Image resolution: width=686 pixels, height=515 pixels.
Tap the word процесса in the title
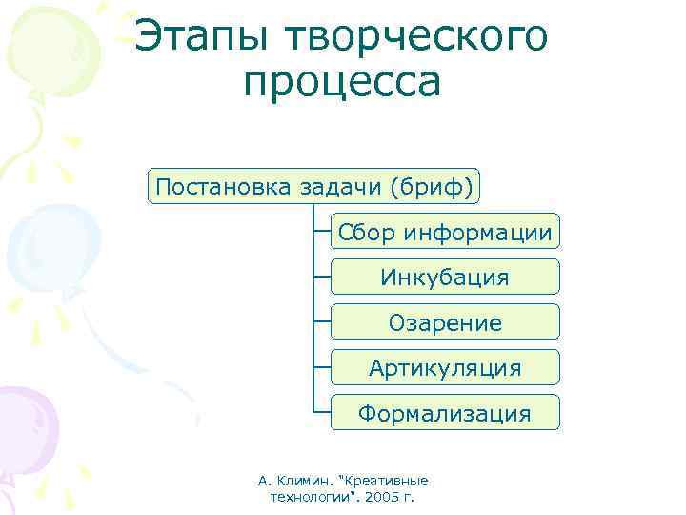pos(342,84)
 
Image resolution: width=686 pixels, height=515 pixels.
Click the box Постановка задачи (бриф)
pos(313,186)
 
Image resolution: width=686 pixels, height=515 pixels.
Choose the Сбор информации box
pos(445,232)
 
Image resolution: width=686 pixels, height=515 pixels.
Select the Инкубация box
pos(445,278)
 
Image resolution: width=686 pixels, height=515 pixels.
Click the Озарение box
pos(445,322)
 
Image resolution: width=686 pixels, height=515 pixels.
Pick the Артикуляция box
pos(445,368)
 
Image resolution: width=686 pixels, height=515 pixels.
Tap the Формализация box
pos(445,413)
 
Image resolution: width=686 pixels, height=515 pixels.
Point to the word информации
pos(477,232)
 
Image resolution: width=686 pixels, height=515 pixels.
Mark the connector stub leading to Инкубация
pos(322,278)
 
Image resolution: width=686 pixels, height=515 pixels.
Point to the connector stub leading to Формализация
pos(322,413)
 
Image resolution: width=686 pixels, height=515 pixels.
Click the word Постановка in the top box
pos(209,186)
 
